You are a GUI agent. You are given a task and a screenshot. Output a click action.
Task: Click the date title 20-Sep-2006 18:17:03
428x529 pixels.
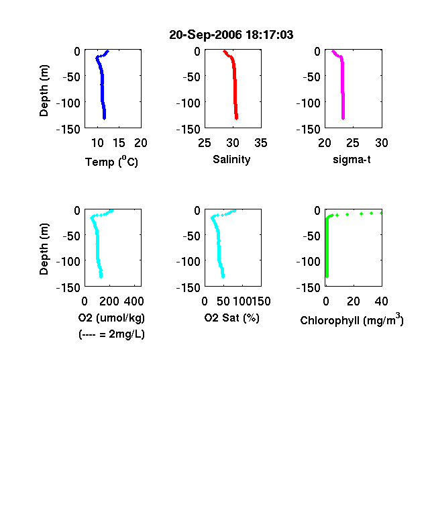click(x=231, y=35)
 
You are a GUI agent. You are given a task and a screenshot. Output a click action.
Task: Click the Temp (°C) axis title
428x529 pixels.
click(x=111, y=162)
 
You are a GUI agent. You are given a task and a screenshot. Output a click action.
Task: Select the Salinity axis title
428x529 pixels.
click(x=231, y=160)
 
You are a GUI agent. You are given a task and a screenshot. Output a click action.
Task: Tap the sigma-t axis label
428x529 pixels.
click(x=352, y=160)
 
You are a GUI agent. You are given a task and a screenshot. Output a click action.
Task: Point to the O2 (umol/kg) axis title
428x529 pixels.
click(x=111, y=318)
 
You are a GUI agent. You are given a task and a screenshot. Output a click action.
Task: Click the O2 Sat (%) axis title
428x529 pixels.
click(x=232, y=318)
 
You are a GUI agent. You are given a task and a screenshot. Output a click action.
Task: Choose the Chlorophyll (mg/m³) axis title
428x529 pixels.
click(x=352, y=320)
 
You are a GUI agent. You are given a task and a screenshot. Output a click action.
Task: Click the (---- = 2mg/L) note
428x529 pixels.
click(x=111, y=334)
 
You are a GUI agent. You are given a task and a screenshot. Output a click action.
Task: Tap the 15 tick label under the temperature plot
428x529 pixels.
click(x=119, y=143)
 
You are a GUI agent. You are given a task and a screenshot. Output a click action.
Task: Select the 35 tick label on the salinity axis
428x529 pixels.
click(x=261, y=143)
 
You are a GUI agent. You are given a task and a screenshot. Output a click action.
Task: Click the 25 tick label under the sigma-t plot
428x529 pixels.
click(x=352, y=143)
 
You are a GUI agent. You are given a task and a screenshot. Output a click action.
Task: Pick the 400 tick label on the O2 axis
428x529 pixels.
click(x=133, y=301)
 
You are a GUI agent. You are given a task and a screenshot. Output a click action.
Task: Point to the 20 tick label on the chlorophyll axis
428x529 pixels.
click(x=353, y=301)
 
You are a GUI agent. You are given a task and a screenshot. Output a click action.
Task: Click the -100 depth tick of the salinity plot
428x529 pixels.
click(x=188, y=103)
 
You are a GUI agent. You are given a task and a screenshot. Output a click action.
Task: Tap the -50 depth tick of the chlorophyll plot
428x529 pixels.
click(x=311, y=236)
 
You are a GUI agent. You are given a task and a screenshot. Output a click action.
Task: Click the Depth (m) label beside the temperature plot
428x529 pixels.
click(x=44, y=91)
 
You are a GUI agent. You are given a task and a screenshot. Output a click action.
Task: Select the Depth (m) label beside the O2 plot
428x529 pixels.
click(x=44, y=249)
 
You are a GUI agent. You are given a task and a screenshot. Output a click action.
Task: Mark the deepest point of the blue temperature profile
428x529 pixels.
click(x=105, y=118)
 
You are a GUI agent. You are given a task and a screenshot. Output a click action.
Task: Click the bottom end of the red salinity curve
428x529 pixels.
click(x=237, y=118)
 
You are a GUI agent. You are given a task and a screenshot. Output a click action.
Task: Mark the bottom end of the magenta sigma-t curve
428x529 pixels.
click(x=343, y=118)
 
